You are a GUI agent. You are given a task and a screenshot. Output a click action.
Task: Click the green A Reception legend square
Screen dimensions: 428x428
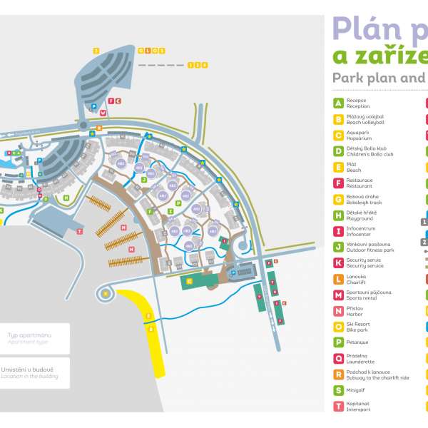pos(339,103)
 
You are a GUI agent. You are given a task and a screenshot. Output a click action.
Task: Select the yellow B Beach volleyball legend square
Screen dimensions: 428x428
pos(339,119)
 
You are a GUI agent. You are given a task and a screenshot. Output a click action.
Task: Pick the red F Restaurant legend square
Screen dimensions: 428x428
pos(339,183)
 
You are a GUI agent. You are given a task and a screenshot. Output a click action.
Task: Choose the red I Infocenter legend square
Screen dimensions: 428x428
pos(339,231)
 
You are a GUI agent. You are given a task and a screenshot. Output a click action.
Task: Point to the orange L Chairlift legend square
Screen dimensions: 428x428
pos(339,278)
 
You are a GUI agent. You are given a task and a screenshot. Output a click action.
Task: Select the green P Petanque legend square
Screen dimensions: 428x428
pos(339,342)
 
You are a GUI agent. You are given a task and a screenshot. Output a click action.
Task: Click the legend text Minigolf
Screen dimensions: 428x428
pos(357,390)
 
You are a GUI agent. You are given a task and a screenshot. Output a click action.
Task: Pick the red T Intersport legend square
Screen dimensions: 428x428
pos(339,406)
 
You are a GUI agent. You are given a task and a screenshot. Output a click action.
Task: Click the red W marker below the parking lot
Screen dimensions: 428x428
pos(103,113)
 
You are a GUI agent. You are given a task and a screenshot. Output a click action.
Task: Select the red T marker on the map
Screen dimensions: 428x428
pos(80,232)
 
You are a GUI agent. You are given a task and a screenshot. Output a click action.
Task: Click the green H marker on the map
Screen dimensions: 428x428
pos(66,198)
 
